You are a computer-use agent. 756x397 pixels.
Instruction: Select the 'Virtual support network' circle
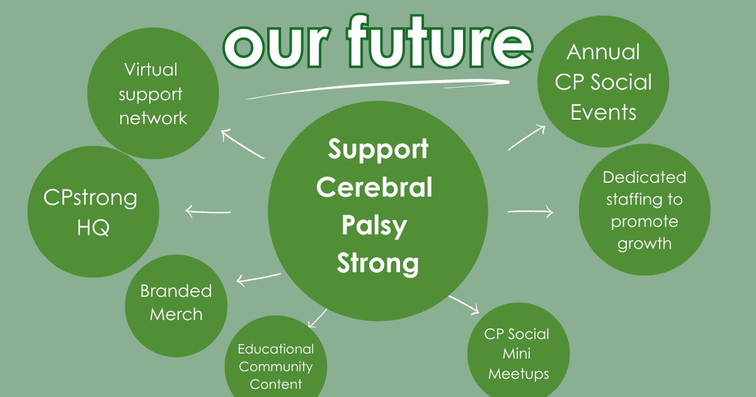(153, 93)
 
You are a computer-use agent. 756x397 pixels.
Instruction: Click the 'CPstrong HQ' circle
(93, 212)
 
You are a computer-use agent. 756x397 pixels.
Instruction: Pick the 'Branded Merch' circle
(176, 302)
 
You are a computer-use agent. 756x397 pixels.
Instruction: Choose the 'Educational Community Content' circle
(276, 365)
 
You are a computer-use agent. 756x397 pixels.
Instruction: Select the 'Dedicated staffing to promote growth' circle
(644, 210)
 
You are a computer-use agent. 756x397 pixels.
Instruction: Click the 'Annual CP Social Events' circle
(603, 82)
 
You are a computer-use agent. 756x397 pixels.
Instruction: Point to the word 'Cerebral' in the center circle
(374, 187)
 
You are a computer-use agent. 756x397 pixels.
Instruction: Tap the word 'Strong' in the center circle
(377, 262)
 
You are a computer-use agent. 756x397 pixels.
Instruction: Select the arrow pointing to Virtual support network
(242, 143)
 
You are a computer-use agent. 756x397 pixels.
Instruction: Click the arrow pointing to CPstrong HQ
(208, 212)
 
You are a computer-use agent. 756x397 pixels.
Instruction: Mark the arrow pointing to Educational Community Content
(318, 318)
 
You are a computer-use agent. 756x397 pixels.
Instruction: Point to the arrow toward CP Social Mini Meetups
(464, 304)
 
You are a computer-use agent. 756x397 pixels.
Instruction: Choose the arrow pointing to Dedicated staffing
(530, 212)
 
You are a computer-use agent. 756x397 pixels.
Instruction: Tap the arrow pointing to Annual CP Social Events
(527, 137)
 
